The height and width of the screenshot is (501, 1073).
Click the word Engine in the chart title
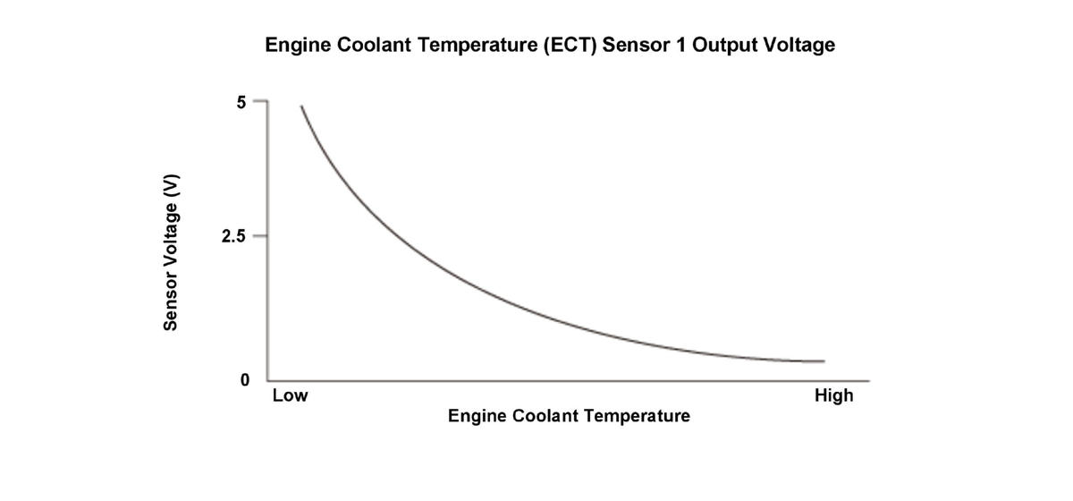pos(296,45)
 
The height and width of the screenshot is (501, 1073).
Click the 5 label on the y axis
pos(241,102)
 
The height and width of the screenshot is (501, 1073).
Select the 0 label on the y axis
pos(244,380)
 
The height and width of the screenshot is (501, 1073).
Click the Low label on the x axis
pos(290,395)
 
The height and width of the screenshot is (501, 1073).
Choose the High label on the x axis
pos(833,395)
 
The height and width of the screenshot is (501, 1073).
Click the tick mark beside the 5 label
pos(260,101)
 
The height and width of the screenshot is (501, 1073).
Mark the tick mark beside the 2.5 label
pos(260,236)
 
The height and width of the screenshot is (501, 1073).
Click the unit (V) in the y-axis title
pos(173,184)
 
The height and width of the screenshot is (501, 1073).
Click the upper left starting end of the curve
pos(301,106)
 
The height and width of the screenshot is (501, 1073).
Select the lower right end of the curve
pos(823,361)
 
